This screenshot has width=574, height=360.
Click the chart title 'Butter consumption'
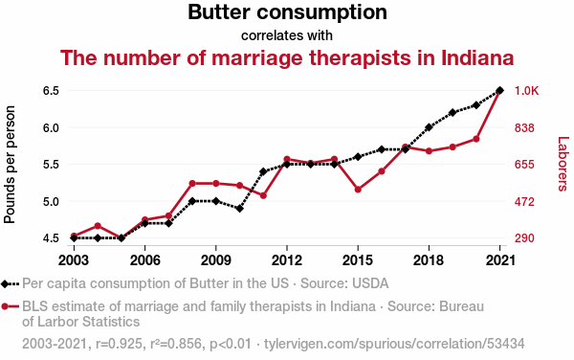(x=287, y=12)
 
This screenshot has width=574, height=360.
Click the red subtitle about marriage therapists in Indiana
(x=287, y=57)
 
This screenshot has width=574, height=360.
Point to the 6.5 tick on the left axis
(x=51, y=90)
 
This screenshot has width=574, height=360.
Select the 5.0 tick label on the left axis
(x=51, y=201)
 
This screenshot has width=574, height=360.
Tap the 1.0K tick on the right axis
(x=527, y=90)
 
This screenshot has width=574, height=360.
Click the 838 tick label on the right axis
(x=524, y=127)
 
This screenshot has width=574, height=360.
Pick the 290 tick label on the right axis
(x=524, y=238)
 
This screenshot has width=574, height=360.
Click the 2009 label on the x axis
(x=215, y=260)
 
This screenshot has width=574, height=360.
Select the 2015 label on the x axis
(x=358, y=260)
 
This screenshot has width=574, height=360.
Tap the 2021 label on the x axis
(x=499, y=260)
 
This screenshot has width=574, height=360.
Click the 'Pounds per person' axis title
(x=10, y=165)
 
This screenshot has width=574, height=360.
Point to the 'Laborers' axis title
(x=563, y=164)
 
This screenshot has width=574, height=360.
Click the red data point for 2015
(x=358, y=190)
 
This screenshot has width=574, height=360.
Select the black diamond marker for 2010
(x=239, y=209)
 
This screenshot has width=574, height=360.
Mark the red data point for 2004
(x=98, y=226)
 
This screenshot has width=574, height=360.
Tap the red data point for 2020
(x=476, y=139)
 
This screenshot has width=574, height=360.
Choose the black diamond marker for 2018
(x=429, y=127)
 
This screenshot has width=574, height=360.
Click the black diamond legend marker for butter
(x=5, y=283)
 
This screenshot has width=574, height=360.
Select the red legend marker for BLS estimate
(x=5, y=306)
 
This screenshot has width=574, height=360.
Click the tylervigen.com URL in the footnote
(x=394, y=344)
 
